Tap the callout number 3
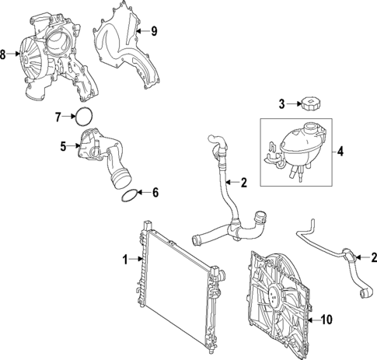point(283,103)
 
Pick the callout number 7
point(58,117)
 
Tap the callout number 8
point(5,54)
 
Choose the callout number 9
point(154,31)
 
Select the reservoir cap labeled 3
point(309,103)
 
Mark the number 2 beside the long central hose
point(243,183)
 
